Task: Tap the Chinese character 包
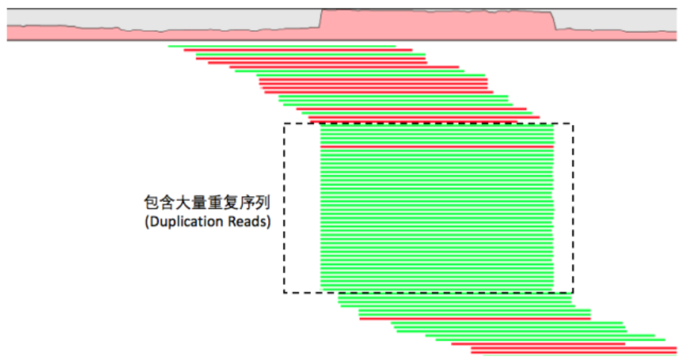point(152,203)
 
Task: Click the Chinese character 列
point(263,203)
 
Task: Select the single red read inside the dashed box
point(437,146)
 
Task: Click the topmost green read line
point(282,46)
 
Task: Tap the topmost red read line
point(298,50)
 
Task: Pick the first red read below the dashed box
point(475,318)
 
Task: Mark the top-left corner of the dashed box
point(284,124)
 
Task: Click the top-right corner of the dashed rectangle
point(573,124)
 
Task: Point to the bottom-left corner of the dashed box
point(284,292)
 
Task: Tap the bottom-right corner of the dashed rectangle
point(573,292)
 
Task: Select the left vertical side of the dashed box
point(284,208)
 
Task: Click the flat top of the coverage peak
point(437,11)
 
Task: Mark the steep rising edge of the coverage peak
point(321,19)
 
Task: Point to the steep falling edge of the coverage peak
point(554,20)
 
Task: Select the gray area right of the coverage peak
point(615,19)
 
